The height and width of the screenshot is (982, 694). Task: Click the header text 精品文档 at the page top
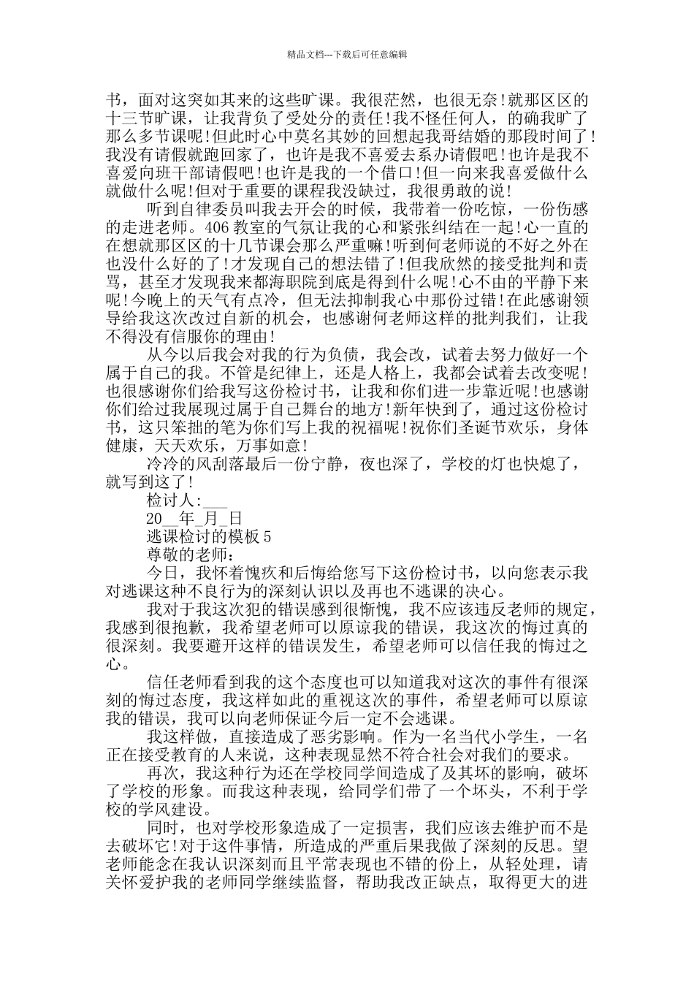tap(305, 54)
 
